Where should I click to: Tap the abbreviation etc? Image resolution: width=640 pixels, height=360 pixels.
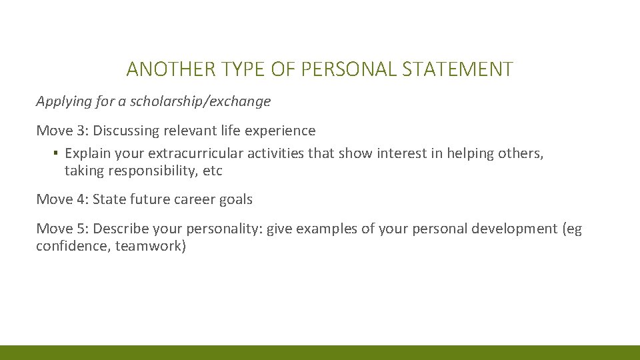213,171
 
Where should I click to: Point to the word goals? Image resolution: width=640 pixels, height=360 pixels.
237,199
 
